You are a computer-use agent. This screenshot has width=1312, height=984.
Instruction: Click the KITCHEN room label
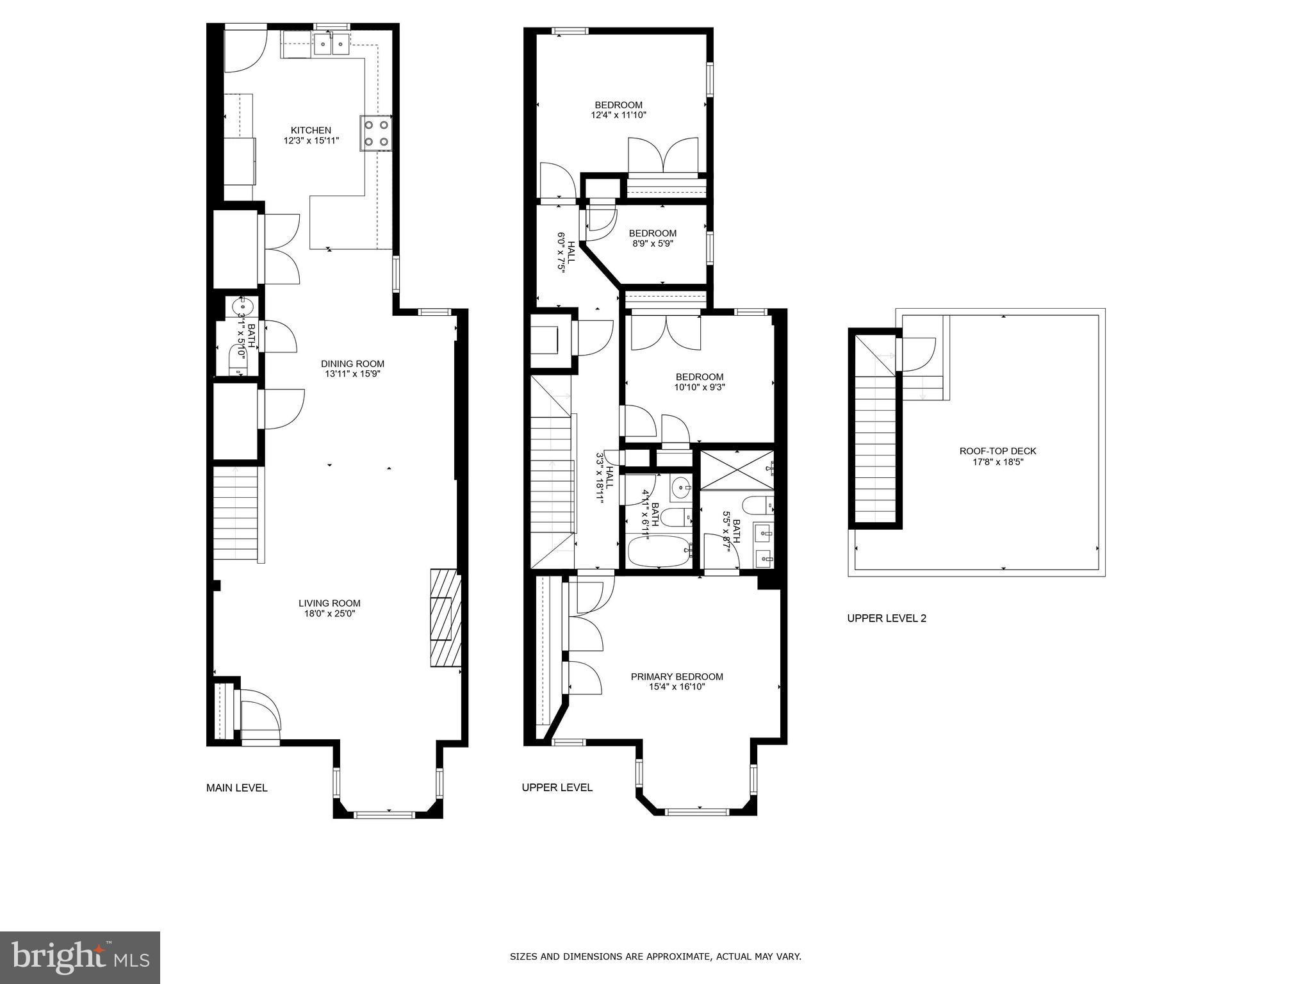pyautogui.click(x=311, y=131)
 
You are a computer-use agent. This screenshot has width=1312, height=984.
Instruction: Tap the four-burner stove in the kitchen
pyautogui.click(x=376, y=133)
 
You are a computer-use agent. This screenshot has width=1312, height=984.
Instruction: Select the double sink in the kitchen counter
pyautogui.click(x=331, y=44)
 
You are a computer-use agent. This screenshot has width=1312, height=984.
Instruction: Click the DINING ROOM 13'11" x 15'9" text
pyautogui.click(x=352, y=369)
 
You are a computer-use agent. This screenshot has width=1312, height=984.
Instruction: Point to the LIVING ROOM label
pyautogui.click(x=329, y=603)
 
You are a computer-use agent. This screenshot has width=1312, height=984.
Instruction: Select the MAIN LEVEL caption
pyautogui.click(x=236, y=788)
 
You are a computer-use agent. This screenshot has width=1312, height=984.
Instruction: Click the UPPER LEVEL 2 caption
pyautogui.click(x=887, y=618)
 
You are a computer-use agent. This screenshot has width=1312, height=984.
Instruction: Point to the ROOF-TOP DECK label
pyautogui.click(x=997, y=451)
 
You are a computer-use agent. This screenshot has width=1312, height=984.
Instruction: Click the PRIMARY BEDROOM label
pyautogui.click(x=676, y=676)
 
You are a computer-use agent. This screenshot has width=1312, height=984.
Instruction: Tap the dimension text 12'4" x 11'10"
pyautogui.click(x=618, y=115)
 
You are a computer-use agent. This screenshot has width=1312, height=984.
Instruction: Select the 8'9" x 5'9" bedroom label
pyautogui.click(x=652, y=243)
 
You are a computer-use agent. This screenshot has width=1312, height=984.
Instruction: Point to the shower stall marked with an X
pyautogui.click(x=736, y=470)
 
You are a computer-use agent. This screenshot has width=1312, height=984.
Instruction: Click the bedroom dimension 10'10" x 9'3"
pyautogui.click(x=699, y=387)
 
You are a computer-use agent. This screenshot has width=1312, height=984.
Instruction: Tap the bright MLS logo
pyautogui.click(x=80, y=956)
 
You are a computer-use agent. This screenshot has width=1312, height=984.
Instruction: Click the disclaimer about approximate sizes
pyautogui.click(x=655, y=957)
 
